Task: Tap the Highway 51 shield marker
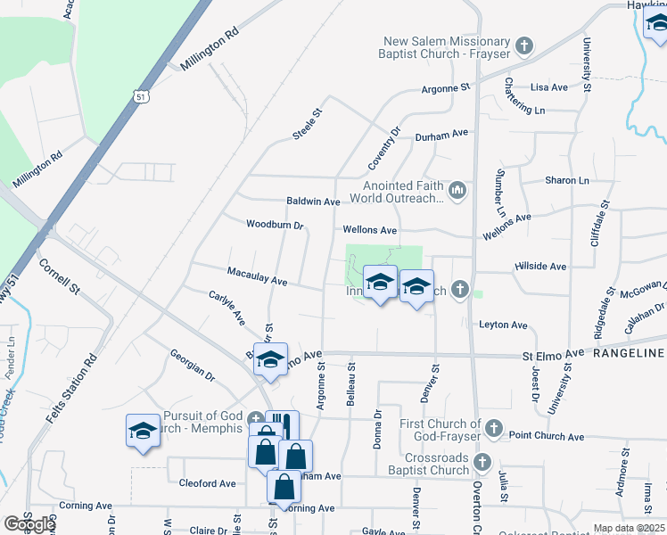tap(141, 95)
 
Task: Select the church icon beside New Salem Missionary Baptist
tap(525, 45)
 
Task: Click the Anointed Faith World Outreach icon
tap(458, 190)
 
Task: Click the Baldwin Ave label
tap(313, 202)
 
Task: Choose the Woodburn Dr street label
tap(275, 225)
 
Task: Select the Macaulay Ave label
tap(257, 276)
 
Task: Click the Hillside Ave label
tap(540, 266)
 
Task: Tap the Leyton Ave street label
tap(503, 325)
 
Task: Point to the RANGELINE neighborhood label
tap(630, 354)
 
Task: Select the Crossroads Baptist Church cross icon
tap(482, 462)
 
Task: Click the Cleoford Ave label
tap(207, 483)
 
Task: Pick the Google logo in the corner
tap(29, 523)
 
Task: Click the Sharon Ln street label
tap(567, 180)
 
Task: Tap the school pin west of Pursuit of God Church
tap(143, 432)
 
